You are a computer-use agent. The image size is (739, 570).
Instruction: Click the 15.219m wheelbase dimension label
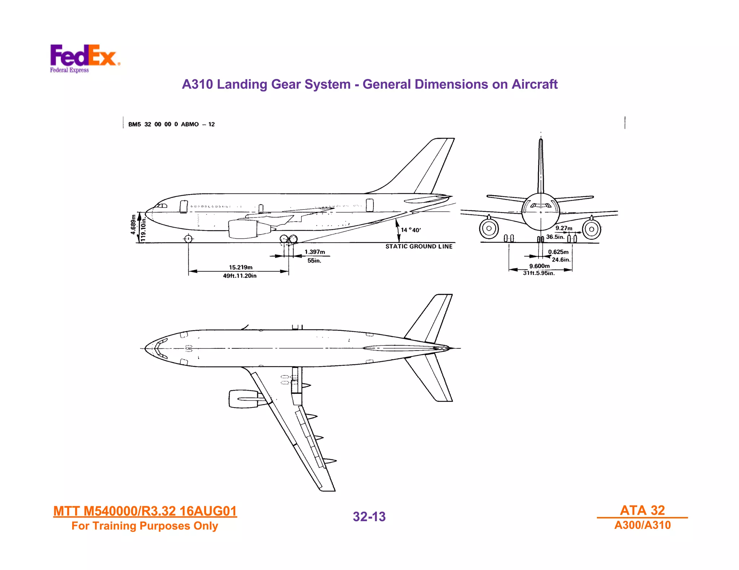[241, 267]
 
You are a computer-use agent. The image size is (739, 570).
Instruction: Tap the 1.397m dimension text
[315, 252]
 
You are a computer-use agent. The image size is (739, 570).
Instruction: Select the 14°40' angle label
[411, 230]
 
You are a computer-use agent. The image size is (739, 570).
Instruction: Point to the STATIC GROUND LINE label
[419, 246]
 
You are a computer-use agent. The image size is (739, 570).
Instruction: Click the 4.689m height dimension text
[134, 224]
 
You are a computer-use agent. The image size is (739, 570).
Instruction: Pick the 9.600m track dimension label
[539, 266]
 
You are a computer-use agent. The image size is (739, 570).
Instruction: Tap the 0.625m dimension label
[558, 252]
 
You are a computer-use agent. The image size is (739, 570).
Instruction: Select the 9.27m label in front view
[564, 228]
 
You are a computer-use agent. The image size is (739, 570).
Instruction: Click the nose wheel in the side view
[188, 239]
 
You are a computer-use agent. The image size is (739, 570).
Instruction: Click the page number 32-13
[369, 517]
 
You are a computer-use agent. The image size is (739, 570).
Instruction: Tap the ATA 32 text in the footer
[642, 510]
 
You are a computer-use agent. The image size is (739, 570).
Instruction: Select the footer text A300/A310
[642, 525]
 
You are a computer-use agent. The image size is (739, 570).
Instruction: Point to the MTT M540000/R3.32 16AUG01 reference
[145, 511]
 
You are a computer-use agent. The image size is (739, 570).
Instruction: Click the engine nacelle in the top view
[244, 399]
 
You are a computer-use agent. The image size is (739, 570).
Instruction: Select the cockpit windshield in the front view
[541, 205]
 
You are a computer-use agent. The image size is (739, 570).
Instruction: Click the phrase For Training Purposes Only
[145, 526]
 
